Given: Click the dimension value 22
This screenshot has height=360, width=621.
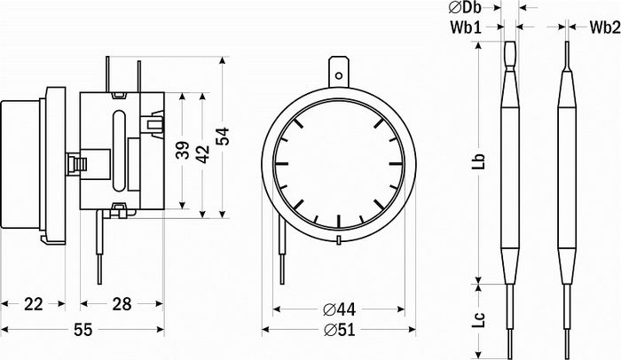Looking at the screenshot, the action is point(34,304).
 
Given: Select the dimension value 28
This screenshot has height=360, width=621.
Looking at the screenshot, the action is point(122,304).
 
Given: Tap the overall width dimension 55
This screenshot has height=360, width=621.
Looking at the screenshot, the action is point(83,330).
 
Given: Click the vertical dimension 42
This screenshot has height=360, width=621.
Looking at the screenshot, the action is point(203,154).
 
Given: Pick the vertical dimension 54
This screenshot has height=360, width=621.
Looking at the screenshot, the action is point(223,137).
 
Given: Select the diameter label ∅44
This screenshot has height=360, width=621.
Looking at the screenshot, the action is point(339,309).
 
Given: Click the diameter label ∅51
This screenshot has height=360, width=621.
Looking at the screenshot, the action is point(339,330).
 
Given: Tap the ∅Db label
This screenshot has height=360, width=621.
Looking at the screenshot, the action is point(465,7).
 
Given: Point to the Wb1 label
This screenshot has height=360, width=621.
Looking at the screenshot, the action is point(466,27).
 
